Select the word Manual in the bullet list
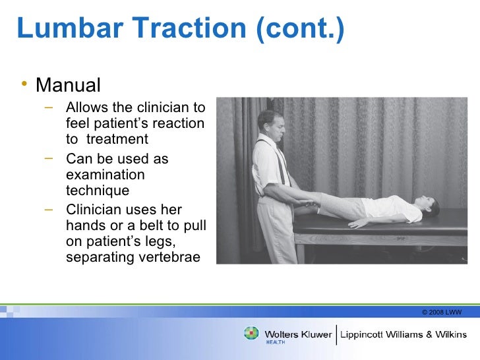[68, 85]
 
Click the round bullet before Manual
[24, 85]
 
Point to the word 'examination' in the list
[105, 175]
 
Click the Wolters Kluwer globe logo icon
[252, 334]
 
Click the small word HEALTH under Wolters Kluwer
[275, 343]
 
